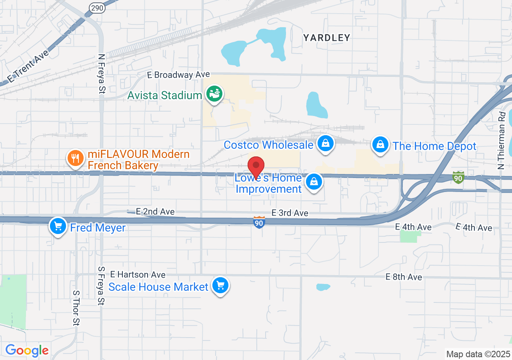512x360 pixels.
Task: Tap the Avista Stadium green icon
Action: (214, 94)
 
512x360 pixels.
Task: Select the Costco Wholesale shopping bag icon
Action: (326, 143)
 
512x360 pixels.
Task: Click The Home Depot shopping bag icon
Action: (380, 144)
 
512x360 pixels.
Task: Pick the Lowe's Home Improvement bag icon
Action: (314, 182)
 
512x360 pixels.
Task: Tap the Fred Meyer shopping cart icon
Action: (58, 226)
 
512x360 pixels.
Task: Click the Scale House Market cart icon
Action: (220, 286)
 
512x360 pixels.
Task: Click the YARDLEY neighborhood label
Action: (326, 38)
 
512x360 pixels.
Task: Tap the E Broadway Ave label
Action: (178, 75)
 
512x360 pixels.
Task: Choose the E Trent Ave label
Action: (28, 66)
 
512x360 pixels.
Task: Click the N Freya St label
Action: (101, 74)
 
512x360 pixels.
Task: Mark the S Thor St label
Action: (76, 308)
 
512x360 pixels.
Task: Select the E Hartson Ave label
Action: (138, 274)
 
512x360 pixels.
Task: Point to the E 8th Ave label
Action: (404, 277)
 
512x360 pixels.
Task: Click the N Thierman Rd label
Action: (502, 140)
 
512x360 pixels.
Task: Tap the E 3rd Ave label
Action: (290, 213)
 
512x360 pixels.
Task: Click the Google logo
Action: (27, 351)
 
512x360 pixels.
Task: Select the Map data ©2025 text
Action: (478, 354)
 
